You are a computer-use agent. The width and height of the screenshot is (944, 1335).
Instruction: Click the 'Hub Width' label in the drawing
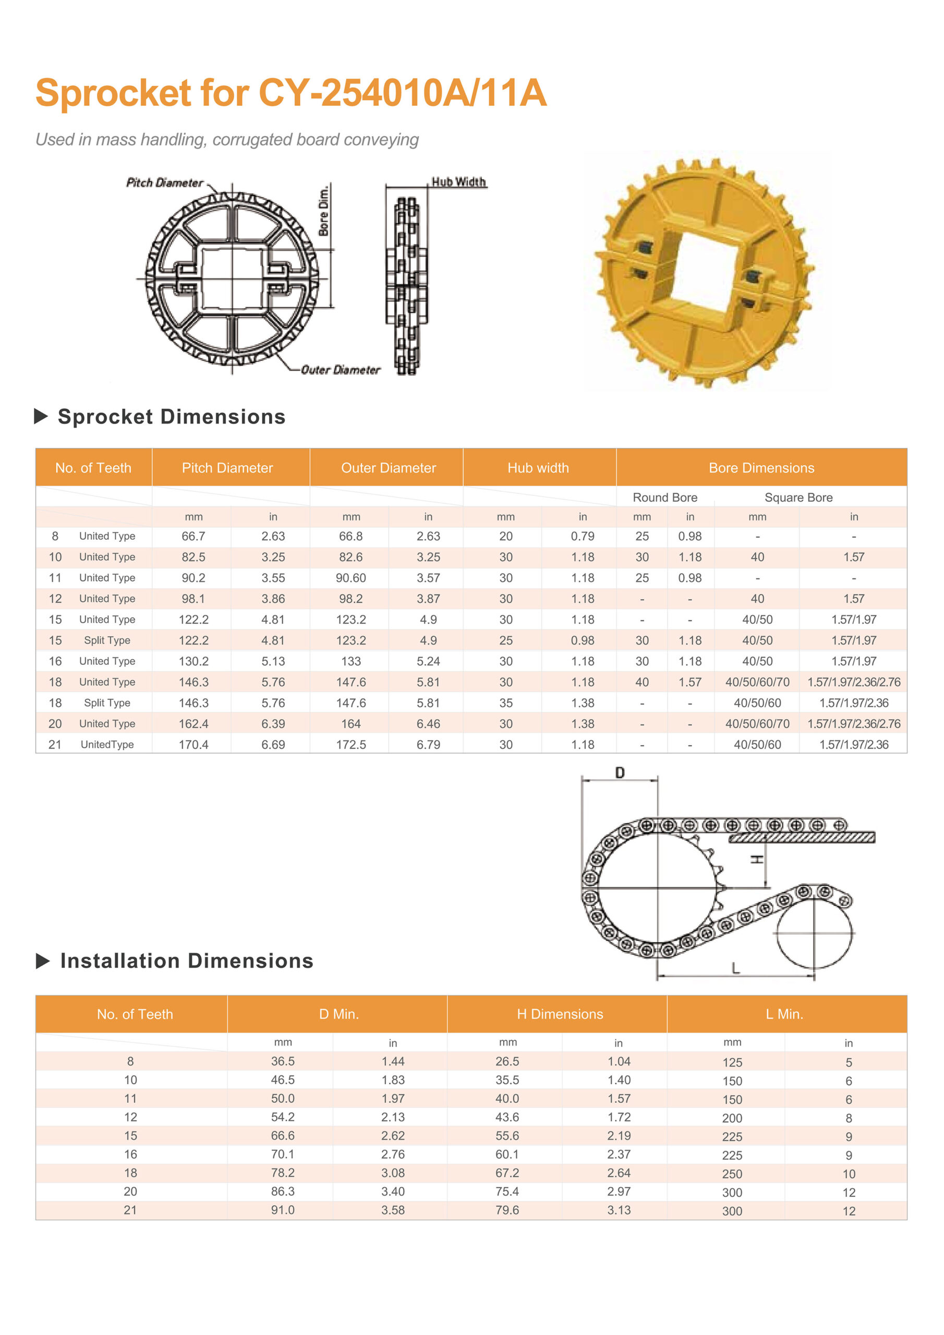(x=458, y=182)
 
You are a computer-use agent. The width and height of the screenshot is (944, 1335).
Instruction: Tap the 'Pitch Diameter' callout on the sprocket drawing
(x=165, y=183)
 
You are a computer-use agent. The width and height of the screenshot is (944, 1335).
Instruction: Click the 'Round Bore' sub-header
(x=665, y=497)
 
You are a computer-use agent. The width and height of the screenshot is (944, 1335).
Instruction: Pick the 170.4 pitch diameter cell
(x=193, y=744)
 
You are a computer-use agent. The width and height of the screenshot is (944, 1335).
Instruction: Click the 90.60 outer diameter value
(x=350, y=577)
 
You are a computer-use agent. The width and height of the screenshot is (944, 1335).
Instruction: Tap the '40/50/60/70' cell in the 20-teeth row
(x=757, y=723)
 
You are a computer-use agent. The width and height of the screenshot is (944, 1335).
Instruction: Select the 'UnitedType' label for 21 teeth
(x=107, y=744)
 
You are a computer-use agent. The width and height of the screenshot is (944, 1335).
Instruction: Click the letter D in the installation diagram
(x=620, y=773)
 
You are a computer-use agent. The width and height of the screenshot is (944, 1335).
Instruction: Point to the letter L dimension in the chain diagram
(x=736, y=968)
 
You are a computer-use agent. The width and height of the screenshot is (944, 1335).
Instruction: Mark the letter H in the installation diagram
(x=757, y=859)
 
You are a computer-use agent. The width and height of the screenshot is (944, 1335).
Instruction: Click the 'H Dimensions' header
(x=560, y=1014)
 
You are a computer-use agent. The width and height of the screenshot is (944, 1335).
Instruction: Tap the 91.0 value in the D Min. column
(x=283, y=1210)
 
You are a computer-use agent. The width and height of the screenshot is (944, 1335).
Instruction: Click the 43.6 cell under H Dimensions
(x=507, y=1117)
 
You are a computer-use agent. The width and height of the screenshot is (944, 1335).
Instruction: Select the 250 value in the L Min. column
(x=732, y=1174)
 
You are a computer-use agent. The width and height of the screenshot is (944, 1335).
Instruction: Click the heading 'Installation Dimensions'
(x=187, y=961)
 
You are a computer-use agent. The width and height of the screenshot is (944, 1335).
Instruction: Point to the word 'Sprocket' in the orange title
(x=113, y=93)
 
